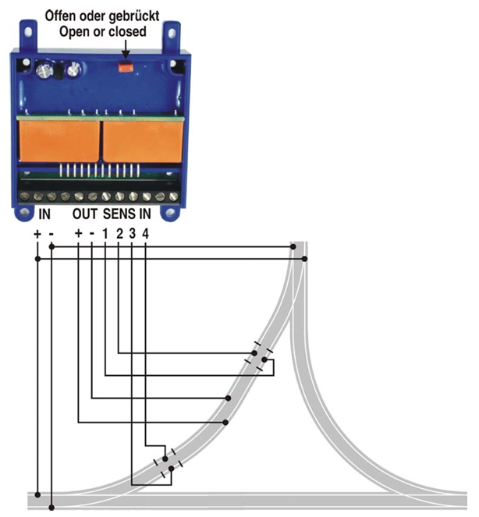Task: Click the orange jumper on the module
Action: [126, 66]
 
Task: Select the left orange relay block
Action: [59, 141]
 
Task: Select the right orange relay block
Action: [144, 141]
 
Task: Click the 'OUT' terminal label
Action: [85, 214]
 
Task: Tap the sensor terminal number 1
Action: [105, 234]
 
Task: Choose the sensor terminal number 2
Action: [119, 234]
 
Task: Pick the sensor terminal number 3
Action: [133, 234]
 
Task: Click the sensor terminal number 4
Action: [145, 234]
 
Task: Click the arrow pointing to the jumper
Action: [126, 50]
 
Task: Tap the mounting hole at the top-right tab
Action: [172, 33]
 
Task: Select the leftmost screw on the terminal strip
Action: [24, 197]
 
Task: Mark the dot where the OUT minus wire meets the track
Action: [228, 398]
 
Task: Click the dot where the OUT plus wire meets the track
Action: [225, 422]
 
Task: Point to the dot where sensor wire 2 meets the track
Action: [254, 353]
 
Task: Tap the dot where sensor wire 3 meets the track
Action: [171, 469]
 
